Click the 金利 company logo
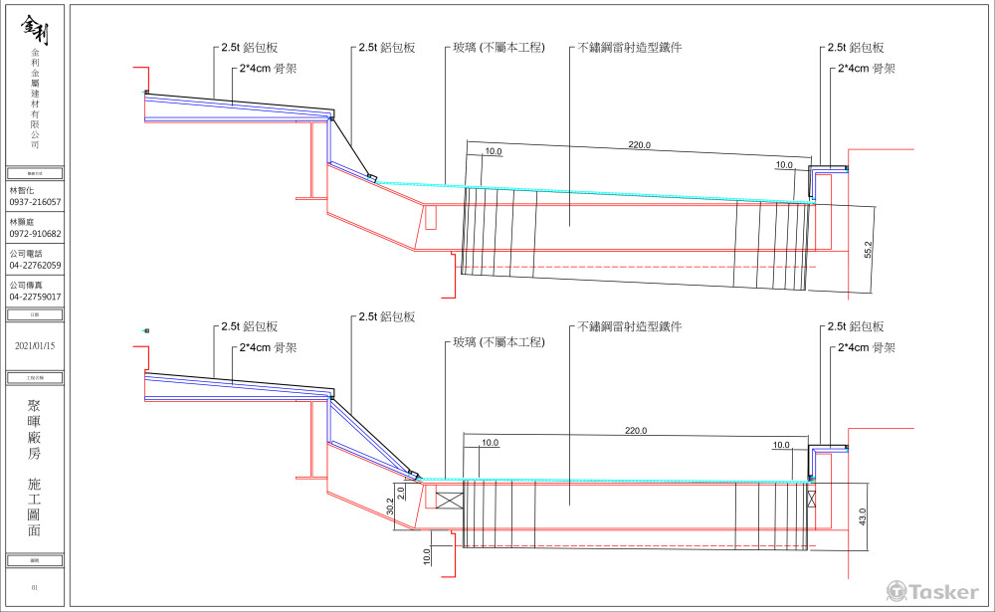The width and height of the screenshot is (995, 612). coord(35,30)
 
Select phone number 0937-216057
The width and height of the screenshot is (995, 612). coord(35,202)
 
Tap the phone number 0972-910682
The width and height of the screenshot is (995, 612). coord(35,234)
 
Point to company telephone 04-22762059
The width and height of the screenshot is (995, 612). coord(35,266)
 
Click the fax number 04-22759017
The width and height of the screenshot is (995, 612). coord(35,297)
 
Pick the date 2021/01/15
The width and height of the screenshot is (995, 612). coord(35,346)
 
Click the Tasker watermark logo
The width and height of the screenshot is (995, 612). coord(932,592)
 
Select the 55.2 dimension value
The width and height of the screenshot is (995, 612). coord(867,249)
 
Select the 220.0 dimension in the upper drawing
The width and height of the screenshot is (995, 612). coord(639,145)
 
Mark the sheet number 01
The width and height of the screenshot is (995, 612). coord(35,588)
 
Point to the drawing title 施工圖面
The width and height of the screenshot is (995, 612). coord(35,507)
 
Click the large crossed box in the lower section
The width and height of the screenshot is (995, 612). coord(451,501)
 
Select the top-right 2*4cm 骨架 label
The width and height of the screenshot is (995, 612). coord(867,69)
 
